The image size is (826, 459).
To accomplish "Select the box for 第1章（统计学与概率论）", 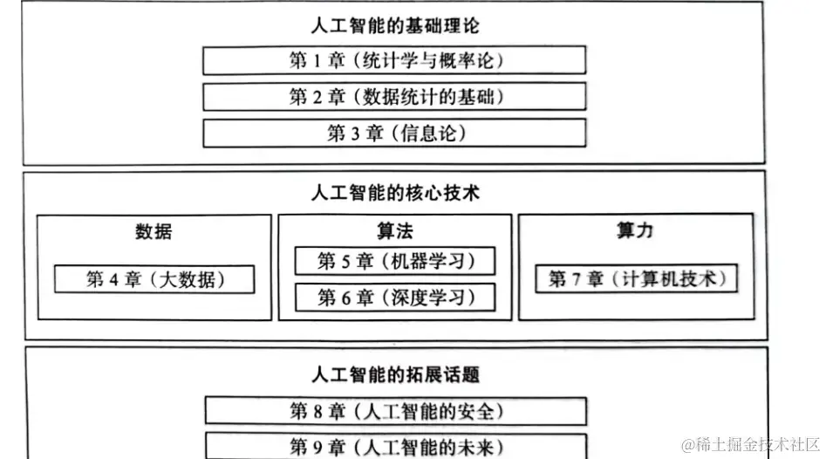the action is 394,60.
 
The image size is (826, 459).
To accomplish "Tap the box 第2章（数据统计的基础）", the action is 394,96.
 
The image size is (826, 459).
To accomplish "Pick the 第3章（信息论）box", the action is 394,133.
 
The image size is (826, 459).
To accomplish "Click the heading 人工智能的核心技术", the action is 394,192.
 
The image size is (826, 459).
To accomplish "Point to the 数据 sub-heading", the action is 154,231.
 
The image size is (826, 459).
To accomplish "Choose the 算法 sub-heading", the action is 395,230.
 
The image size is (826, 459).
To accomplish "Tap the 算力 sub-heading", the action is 634,230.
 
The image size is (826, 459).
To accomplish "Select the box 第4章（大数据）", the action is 154,279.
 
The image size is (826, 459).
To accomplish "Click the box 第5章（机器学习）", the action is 395,261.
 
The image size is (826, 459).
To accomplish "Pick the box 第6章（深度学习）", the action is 395,298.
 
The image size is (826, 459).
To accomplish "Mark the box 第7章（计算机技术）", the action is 635,279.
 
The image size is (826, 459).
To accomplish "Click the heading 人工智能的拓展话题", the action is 394,375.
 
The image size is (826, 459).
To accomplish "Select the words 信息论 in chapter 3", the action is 429,133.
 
